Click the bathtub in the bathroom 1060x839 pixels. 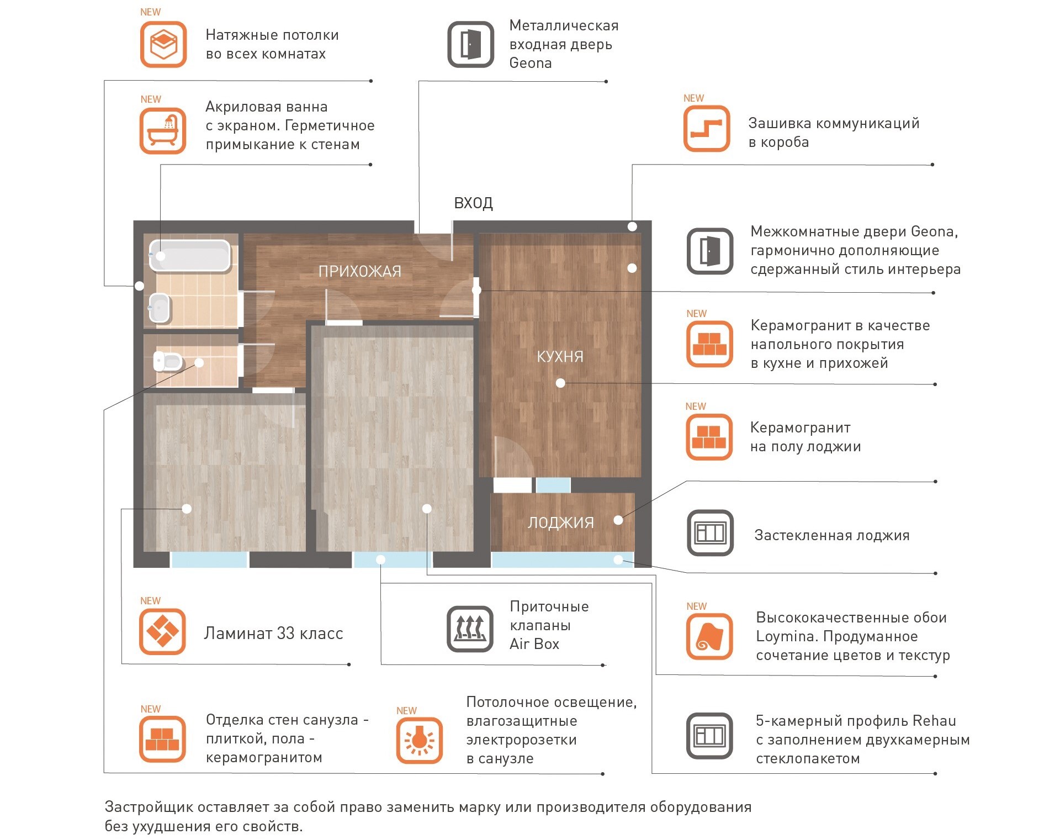(189, 256)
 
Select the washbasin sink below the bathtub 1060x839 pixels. (160, 308)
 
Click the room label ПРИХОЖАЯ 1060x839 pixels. (360, 271)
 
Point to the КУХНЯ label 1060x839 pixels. (560, 356)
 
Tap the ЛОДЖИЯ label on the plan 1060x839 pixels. (560, 523)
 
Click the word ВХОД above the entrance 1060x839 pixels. (473, 203)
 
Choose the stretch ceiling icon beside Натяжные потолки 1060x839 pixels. (163, 44)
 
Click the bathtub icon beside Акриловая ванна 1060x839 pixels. (163, 131)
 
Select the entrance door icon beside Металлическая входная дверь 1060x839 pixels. (470, 44)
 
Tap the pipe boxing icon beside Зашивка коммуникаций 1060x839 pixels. (707, 129)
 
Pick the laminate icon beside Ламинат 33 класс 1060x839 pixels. (162, 631)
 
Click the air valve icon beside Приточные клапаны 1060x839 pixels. (470, 629)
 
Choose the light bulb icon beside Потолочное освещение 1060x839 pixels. (420, 741)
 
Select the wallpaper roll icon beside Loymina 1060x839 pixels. (709, 636)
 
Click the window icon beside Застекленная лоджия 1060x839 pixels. (710, 533)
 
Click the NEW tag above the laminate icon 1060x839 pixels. (150, 600)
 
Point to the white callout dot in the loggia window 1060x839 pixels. (618, 560)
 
